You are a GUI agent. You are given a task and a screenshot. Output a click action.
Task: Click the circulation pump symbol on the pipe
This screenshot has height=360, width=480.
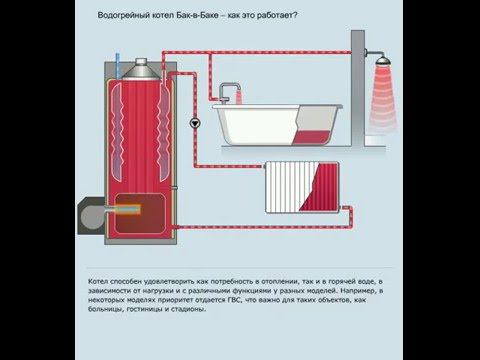[x=195, y=123]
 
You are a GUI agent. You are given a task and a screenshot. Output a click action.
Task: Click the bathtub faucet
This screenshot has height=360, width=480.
[x=229, y=92]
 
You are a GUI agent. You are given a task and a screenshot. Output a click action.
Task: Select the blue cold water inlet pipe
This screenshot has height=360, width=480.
[x=117, y=64]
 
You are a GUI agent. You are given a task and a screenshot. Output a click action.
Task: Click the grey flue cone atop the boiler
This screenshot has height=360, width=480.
[x=141, y=69]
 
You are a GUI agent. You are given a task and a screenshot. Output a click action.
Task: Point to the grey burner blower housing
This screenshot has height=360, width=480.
[x=92, y=216]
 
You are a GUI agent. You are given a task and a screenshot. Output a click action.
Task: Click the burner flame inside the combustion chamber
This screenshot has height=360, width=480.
[x=127, y=209]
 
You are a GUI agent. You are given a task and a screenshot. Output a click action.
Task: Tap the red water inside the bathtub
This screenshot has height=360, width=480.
[x=312, y=137]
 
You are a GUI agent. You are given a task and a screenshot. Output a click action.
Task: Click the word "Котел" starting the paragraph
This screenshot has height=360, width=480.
[x=98, y=281]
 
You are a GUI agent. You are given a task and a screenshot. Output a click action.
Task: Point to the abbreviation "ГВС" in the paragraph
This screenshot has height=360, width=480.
[x=235, y=300]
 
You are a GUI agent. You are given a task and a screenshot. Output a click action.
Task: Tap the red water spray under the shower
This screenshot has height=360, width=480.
[x=383, y=96]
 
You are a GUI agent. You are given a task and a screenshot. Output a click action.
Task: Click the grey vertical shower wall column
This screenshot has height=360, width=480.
[x=358, y=88]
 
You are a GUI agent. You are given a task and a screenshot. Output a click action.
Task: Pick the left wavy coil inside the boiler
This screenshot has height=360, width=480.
[x=117, y=132]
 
